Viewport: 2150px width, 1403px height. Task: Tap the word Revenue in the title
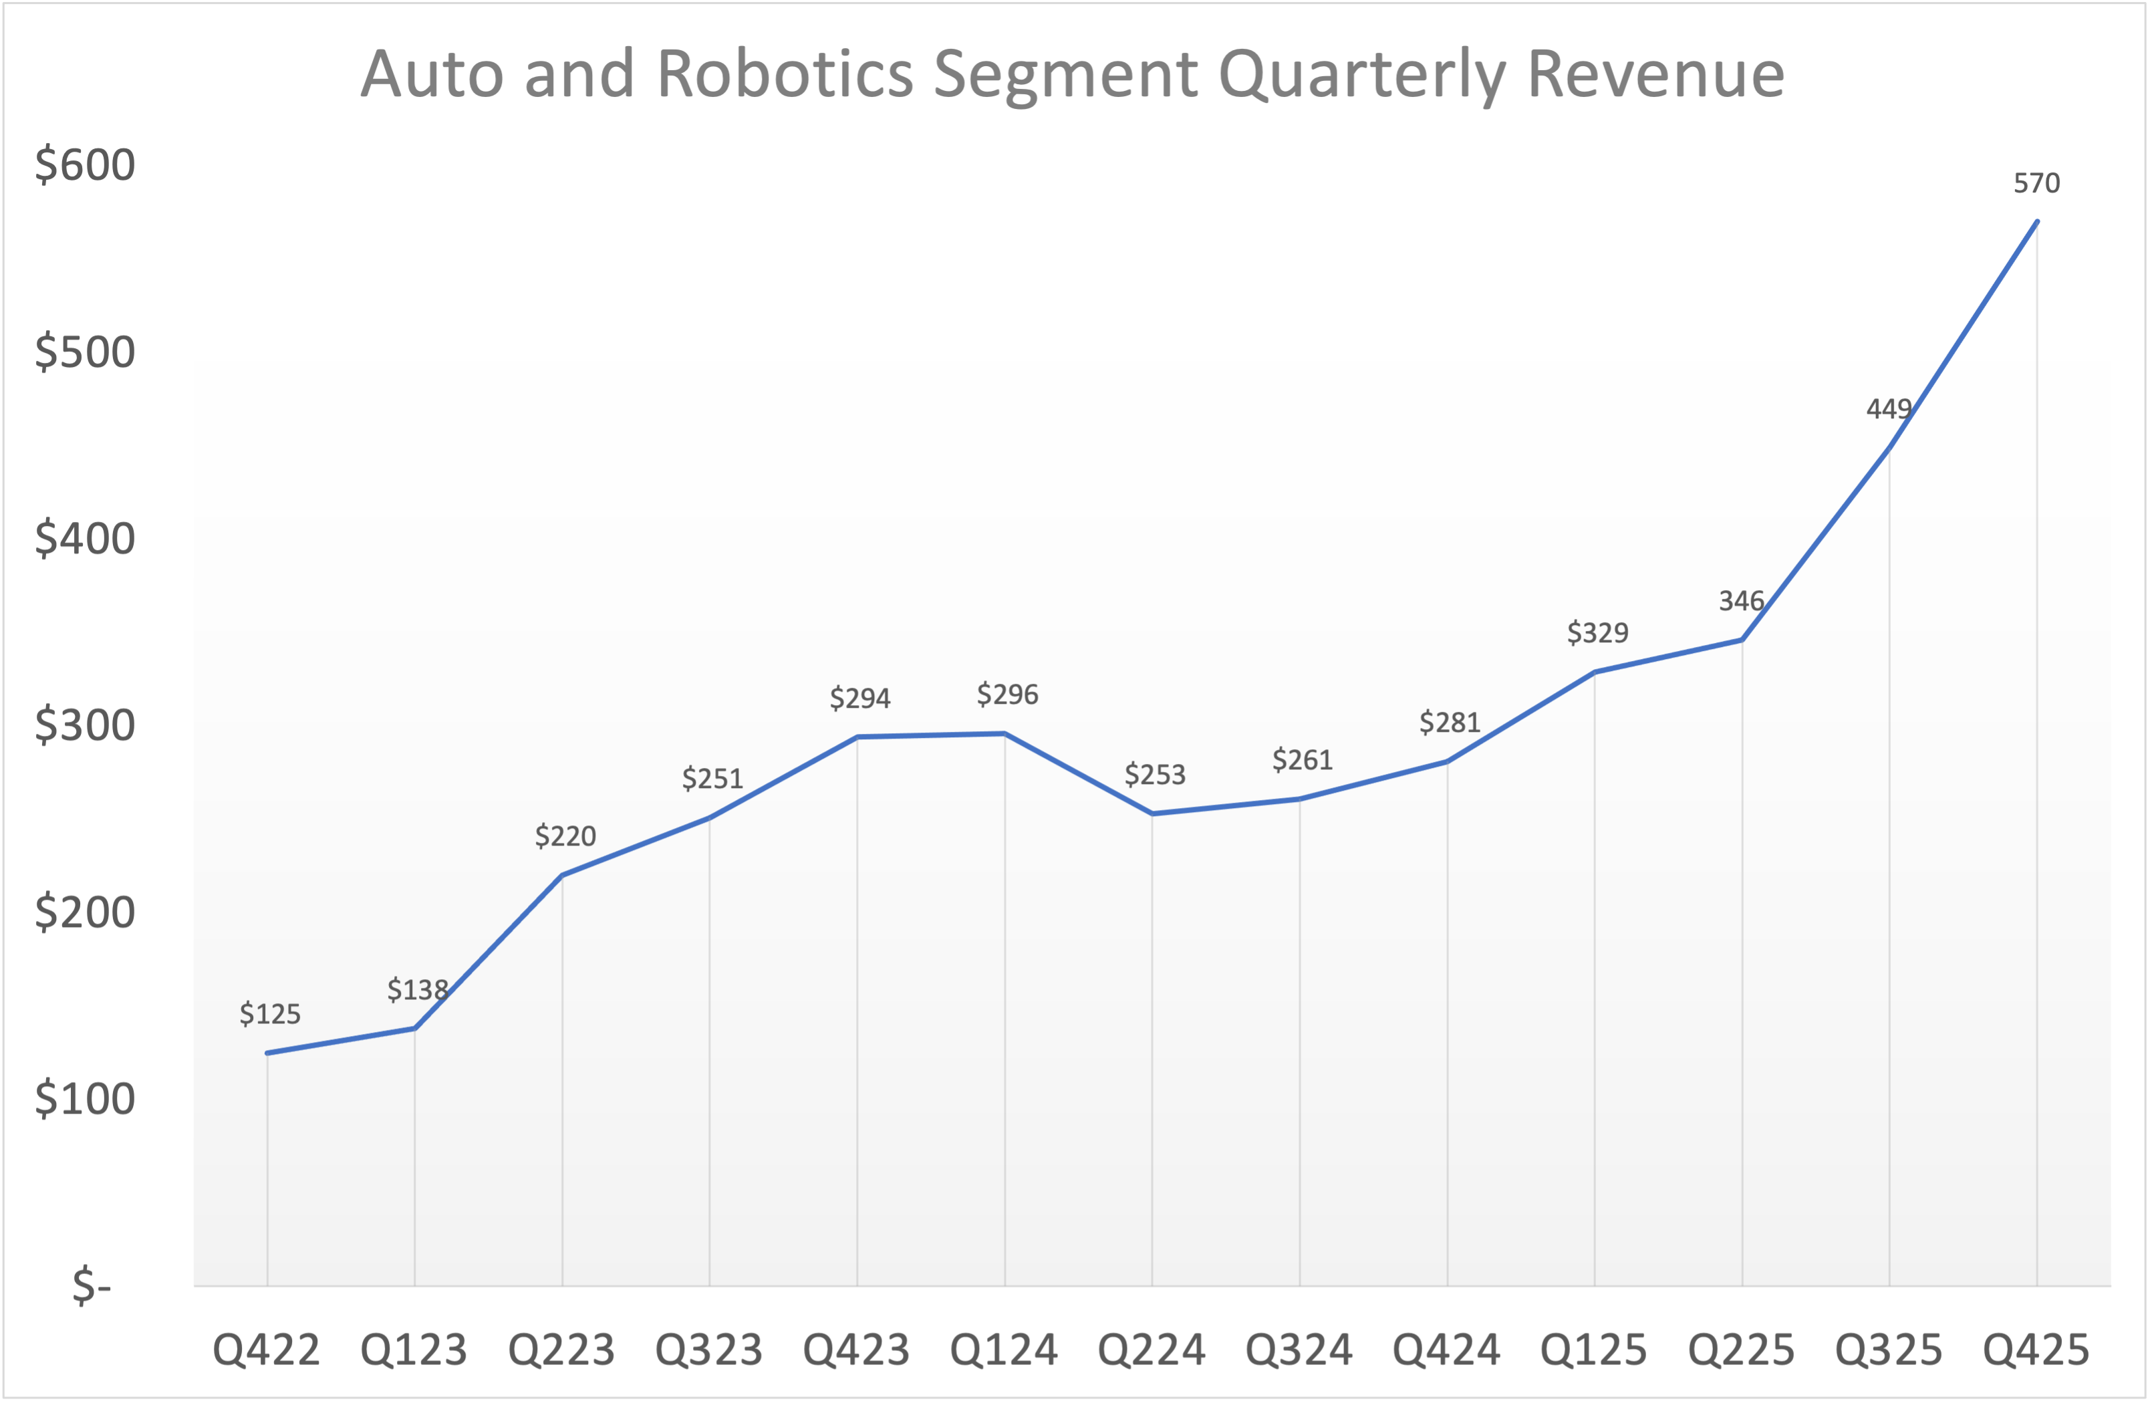[x=1655, y=74]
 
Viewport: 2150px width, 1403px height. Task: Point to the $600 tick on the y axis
[x=85, y=165]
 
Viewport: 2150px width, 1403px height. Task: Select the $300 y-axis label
[x=85, y=725]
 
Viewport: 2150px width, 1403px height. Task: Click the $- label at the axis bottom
[x=92, y=1285]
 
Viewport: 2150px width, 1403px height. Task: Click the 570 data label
[x=2036, y=183]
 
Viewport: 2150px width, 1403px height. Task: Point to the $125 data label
[x=269, y=1013]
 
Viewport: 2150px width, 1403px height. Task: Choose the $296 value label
[x=1007, y=694]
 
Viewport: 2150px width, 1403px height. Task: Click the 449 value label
[x=1888, y=409]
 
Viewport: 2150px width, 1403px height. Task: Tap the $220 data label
[x=565, y=836]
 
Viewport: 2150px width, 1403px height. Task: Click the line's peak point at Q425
[x=2036, y=221]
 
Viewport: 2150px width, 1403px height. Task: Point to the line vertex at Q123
[x=414, y=1028]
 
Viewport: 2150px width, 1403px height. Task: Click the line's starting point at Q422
[x=267, y=1053]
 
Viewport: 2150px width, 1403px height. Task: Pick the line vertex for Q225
[x=1742, y=640]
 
